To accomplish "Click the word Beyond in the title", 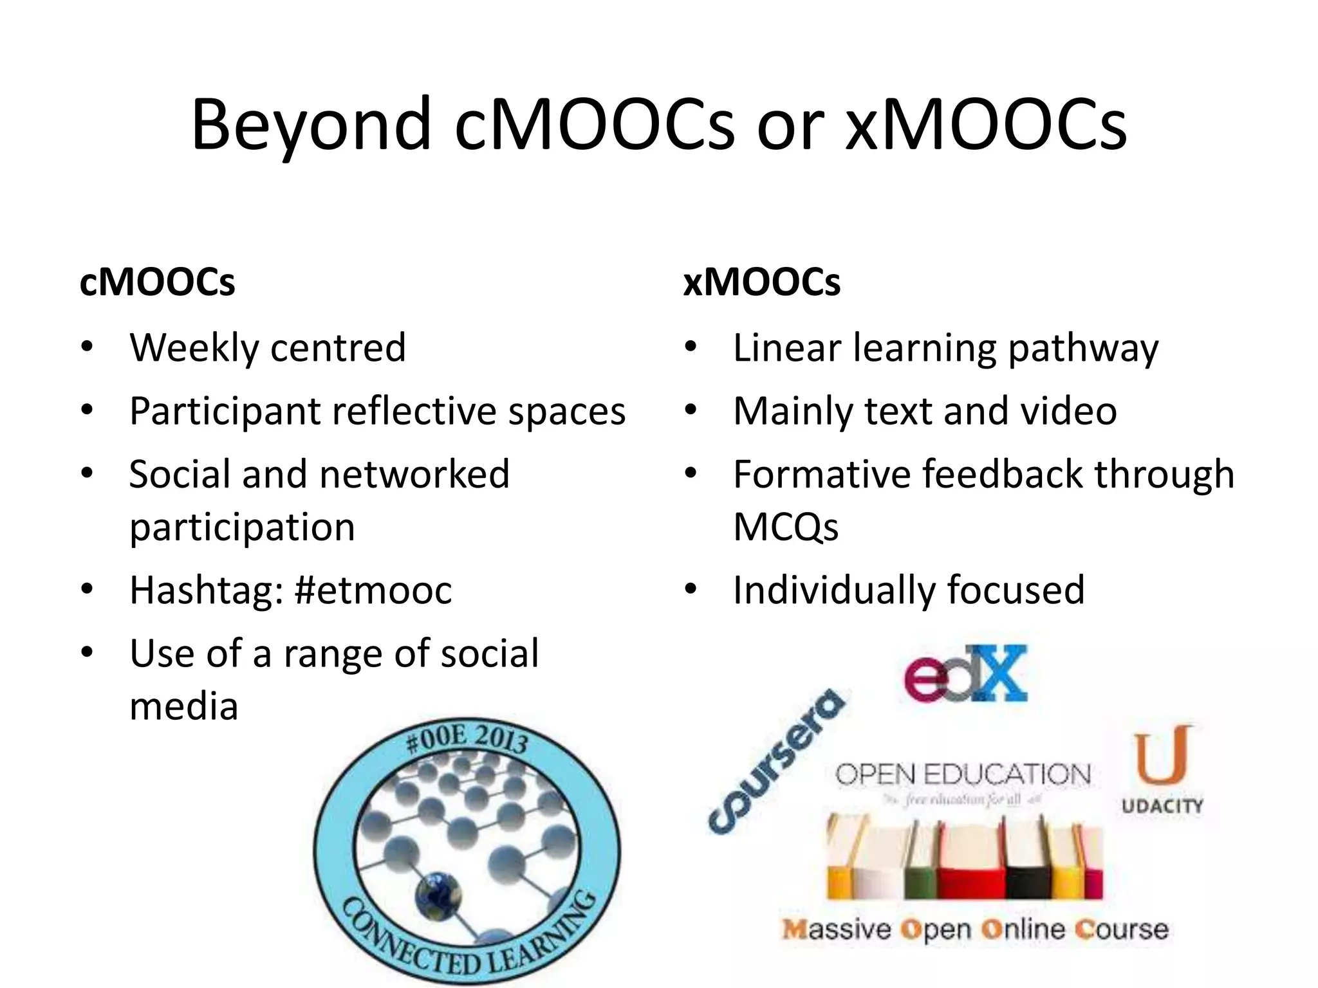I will click(x=310, y=125).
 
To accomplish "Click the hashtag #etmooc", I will click(x=373, y=590).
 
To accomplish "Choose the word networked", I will click(x=414, y=475).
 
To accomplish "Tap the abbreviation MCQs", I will click(x=785, y=527).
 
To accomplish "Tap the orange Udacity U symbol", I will click(x=1162, y=756).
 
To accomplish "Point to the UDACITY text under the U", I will click(x=1162, y=806).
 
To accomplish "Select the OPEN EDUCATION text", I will click(x=963, y=775).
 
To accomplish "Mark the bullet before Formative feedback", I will click(x=691, y=474).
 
